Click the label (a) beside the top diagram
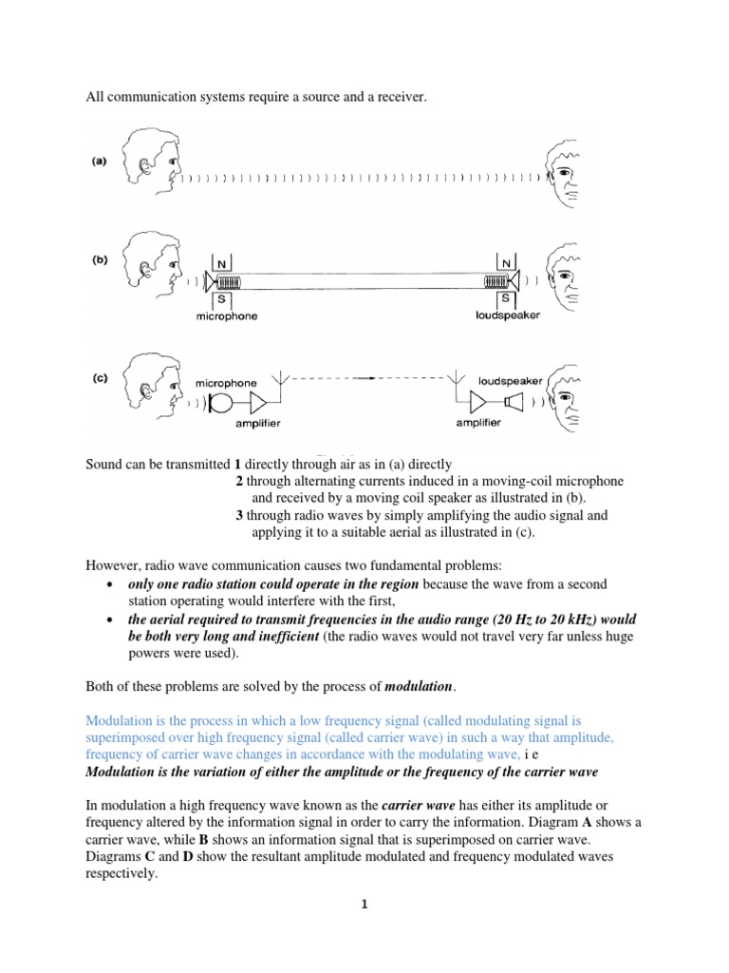tap(100, 162)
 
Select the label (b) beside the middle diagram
tap(100, 258)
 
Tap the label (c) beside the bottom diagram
tap(100, 377)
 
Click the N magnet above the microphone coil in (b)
tap(220, 262)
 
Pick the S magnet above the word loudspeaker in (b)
tap(505, 297)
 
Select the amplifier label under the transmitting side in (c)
tap(258, 424)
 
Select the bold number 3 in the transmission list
tap(239, 515)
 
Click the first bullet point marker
tap(114, 583)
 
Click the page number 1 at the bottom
tap(364, 905)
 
